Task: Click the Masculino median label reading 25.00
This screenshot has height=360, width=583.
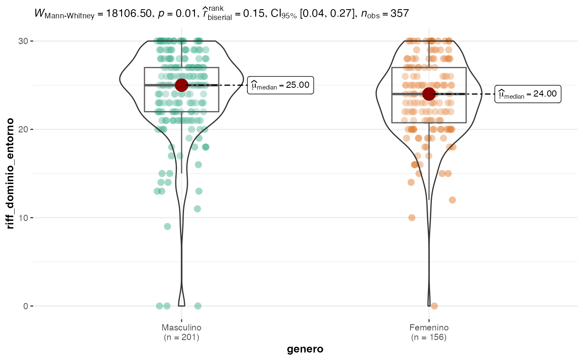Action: coord(280,85)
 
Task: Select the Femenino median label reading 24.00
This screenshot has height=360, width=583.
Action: coord(528,94)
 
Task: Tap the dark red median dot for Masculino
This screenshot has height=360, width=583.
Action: coord(181,85)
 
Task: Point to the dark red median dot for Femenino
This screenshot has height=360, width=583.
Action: coord(429,94)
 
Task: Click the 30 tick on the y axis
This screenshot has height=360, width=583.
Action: coord(23,41)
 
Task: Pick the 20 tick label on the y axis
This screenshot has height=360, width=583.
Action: coord(23,129)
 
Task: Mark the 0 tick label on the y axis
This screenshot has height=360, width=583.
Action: coord(25,306)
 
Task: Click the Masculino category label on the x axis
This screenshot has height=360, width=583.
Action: coord(181,328)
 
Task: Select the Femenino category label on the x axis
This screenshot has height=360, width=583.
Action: coord(429,328)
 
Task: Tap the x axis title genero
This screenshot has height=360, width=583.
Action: coord(305,349)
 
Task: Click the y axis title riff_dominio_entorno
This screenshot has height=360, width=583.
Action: coord(10,173)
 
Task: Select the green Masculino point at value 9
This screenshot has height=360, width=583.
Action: coord(167,226)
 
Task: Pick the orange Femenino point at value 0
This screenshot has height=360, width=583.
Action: coord(434,306)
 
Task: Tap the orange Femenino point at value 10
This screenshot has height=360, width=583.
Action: coord(412,218)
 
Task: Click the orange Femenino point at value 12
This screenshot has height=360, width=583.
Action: coord(452,200)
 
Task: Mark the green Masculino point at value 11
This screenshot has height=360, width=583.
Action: coord(197,209)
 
